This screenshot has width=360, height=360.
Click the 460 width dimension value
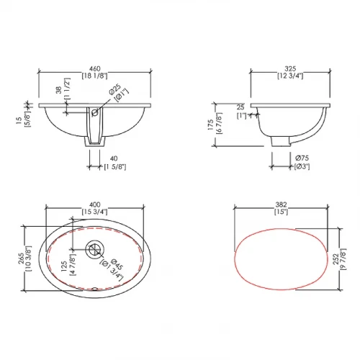tap(95, 69)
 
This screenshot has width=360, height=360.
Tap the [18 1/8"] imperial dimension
tap(94, 76)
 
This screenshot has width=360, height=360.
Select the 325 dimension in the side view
tap(290, 69)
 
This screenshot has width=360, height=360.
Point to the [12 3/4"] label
tap(290, 76)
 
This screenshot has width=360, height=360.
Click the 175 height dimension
tap(210, 125)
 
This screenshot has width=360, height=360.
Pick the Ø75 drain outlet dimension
tap(302, 158)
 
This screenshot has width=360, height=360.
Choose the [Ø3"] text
tap(302, 166)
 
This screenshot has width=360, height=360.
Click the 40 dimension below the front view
tap(114, 158)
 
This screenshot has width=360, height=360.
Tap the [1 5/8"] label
tap(115, 167)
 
